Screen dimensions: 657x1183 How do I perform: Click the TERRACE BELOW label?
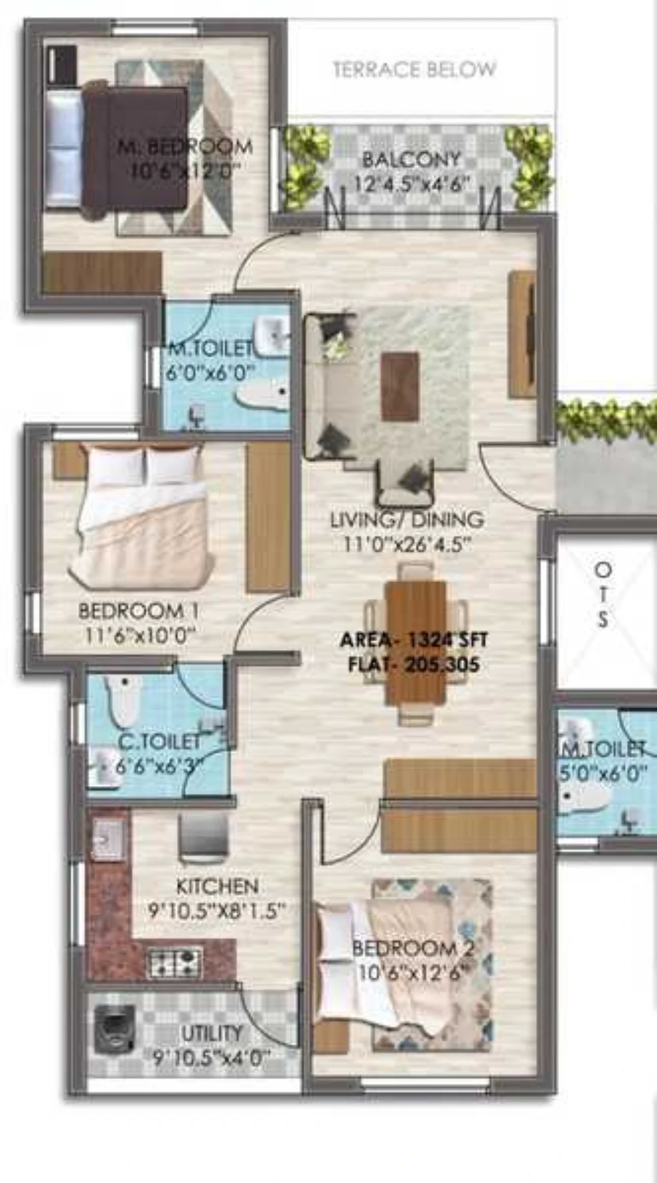414,69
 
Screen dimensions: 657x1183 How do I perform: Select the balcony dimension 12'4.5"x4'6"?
412,183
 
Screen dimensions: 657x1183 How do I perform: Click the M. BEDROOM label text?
185,146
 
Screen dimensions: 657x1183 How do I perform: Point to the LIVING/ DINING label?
407,520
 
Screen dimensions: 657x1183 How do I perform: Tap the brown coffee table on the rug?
400,386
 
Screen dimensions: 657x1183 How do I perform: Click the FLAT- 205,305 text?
414,664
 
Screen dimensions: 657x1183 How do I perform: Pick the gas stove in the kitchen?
174,962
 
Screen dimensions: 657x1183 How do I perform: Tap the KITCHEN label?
217,886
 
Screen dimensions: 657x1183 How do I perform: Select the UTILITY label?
212,1033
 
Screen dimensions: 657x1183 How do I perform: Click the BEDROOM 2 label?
413,948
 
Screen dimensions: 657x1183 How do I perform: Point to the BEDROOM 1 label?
139,611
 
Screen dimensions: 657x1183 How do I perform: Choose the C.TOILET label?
159,741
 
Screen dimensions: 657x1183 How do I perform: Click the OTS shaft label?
602,594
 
